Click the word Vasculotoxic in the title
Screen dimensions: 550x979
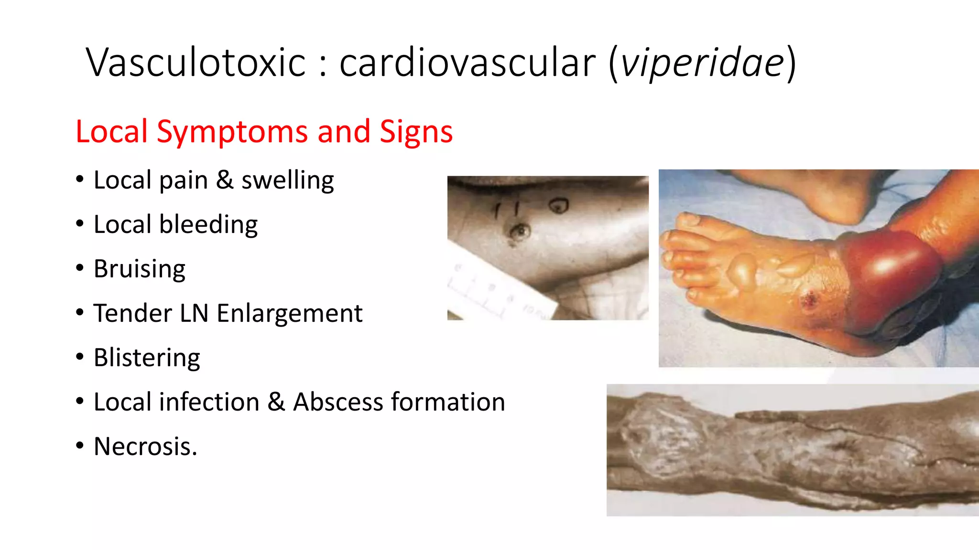click(x=196, y=63)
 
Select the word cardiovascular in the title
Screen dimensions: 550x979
click(x=467, y=63)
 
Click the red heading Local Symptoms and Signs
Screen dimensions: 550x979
click(x=264, y=131)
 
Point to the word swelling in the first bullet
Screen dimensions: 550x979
click(x=287, y=181)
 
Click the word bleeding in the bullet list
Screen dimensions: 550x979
click(x=208, y=225)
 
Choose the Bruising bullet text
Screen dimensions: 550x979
click(x=139, y=269)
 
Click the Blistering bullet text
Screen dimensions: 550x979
click(x=147, y=358)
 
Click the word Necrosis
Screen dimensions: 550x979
click(x=145, y=447)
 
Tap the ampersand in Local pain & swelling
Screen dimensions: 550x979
click(x=224, y=180)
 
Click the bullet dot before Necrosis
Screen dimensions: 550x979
click(x=80, y=446)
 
